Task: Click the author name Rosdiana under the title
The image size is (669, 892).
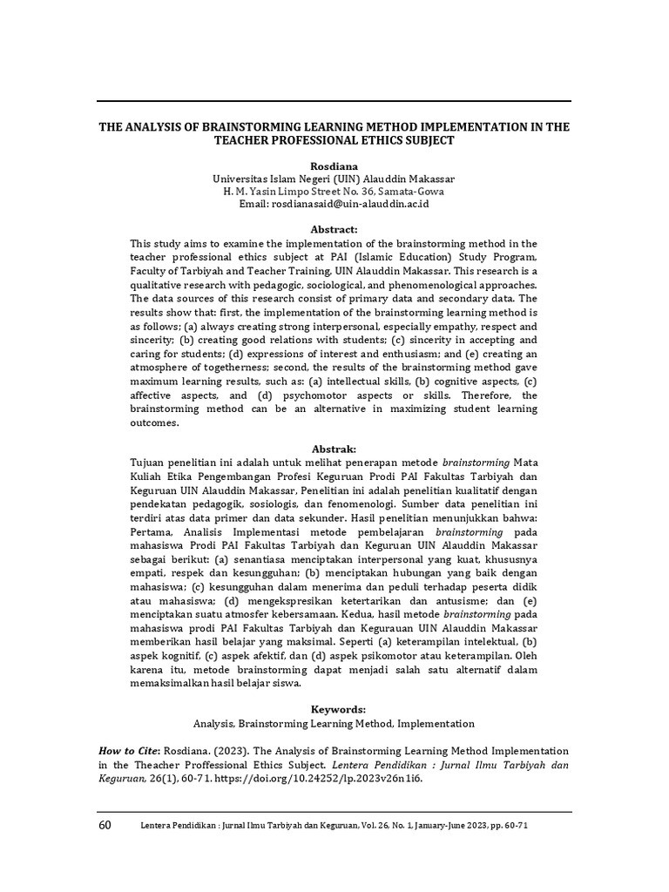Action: [334, 165]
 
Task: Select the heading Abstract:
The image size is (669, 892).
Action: [334, 228]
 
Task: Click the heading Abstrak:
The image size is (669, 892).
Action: [334, 448]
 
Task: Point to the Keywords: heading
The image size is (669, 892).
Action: [334, 709]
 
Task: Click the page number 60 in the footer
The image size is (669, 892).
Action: [105, 825]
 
